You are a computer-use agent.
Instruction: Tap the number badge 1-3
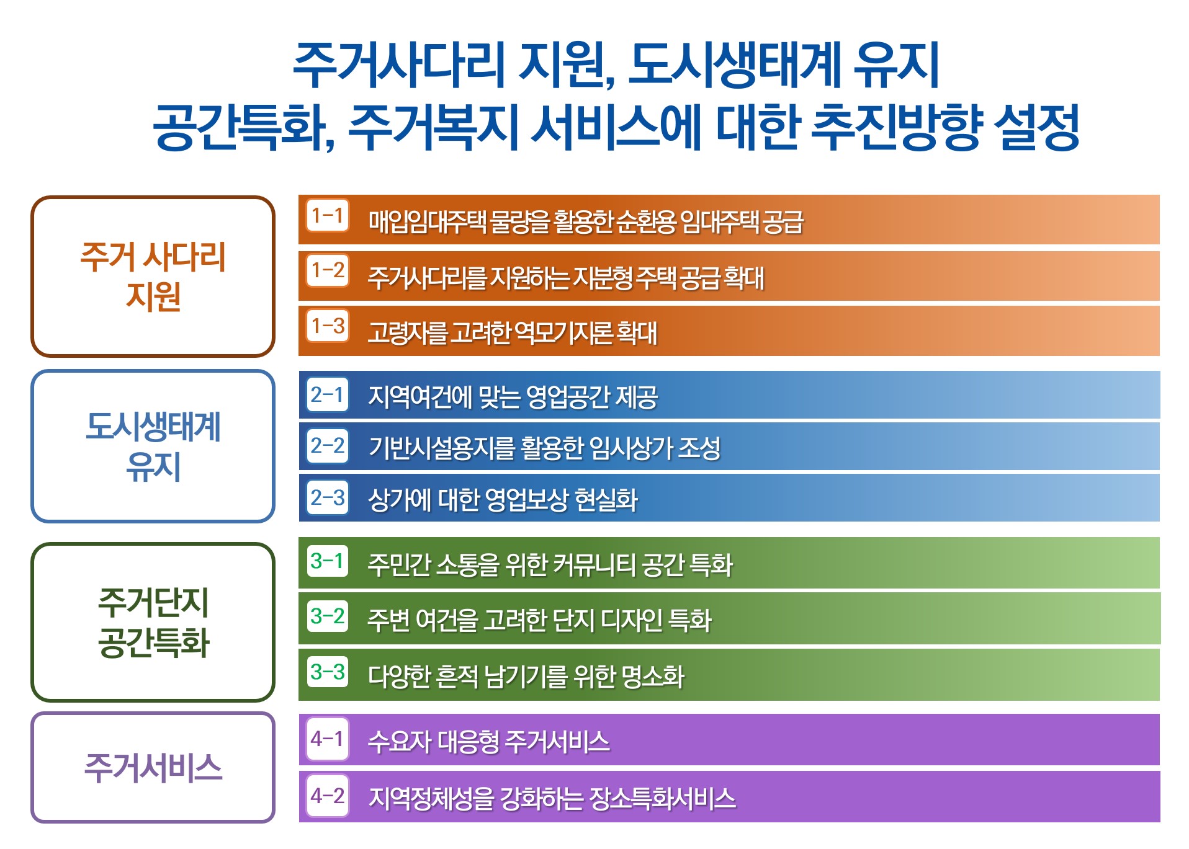(x=328, y=325)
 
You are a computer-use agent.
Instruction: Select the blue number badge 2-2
(x=328, y=445)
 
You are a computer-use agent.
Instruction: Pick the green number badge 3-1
(x=328, y=561)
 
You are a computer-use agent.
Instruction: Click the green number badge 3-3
(x=328, y=671)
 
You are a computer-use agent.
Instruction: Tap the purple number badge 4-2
(x=328, y=795)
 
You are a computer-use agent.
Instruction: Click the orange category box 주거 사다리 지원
(x=153, y=276)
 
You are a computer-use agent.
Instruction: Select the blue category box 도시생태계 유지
(x=153, y=446)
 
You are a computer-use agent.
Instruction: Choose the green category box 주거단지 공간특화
(x=153, y=621)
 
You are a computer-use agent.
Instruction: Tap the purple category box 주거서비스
(x=153, y=767)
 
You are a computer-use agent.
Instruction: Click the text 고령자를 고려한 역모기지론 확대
(x=513, y=332)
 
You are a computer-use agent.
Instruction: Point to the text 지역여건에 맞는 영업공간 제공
(x=513, y=397)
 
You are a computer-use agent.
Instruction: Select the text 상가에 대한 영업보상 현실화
(x=503, y=500)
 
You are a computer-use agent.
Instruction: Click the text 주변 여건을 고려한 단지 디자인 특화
(x=539, y=620)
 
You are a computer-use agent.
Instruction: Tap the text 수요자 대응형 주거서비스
(x=488, y=741)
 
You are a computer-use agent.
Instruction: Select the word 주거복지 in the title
(x=433, y=127)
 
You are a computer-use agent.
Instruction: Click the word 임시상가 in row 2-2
(x=630, y=448)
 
